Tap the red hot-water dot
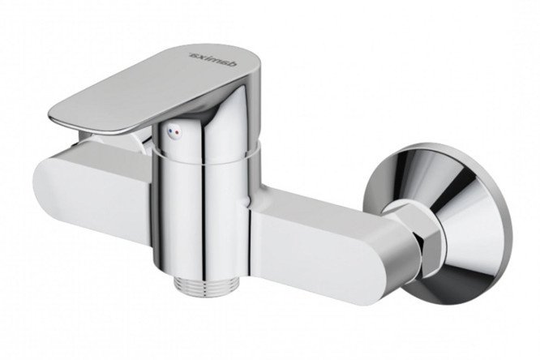177,131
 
